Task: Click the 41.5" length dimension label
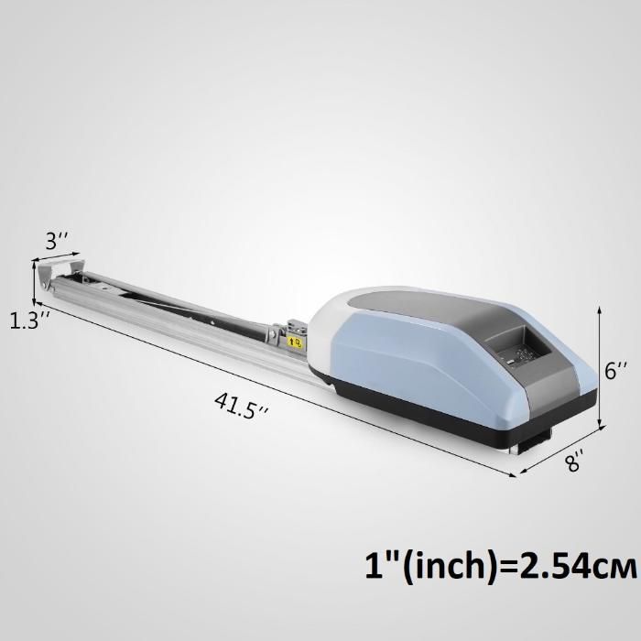[242, 405]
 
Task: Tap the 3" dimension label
[57, 241]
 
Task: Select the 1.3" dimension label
[30, 320]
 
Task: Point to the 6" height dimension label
[614, 370]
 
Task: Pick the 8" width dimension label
[573, 462]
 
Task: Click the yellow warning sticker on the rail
[295, 342]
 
